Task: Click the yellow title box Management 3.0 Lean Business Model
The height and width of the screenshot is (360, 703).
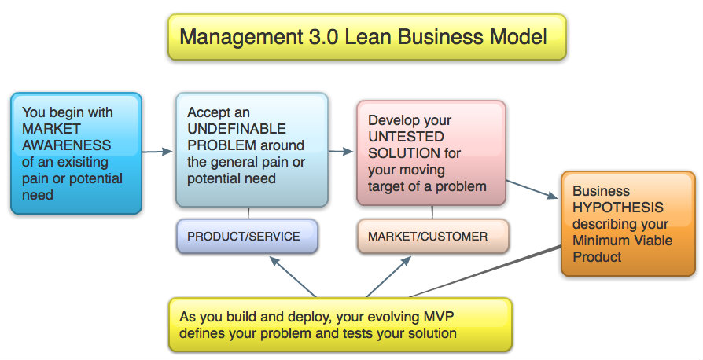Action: (366, 36)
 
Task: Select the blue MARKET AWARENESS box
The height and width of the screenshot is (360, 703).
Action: (76, 153)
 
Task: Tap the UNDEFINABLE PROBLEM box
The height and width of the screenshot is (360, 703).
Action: (252, 149)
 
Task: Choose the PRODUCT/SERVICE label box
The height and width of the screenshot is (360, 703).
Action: (248, 236)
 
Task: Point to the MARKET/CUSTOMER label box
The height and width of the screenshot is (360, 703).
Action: (432, 236)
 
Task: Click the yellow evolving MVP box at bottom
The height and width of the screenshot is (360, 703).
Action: (340, 325)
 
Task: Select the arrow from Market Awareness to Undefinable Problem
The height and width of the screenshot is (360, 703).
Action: (157, 150)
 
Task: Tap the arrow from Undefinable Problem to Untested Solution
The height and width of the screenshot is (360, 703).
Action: (340, 150)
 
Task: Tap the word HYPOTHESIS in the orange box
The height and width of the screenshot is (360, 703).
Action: (618, 208)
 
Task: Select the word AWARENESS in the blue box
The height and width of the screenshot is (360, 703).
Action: (67, 145)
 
